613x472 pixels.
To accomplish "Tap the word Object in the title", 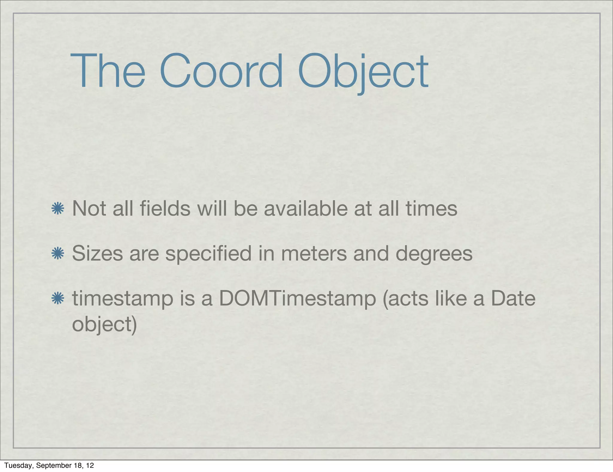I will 363,72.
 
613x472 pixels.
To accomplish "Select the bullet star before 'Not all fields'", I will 57,209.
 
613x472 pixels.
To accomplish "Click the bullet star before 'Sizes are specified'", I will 57,254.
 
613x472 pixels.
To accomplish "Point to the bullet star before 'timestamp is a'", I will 57,299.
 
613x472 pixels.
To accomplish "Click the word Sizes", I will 98,253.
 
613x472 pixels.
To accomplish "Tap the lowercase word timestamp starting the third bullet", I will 123,299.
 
